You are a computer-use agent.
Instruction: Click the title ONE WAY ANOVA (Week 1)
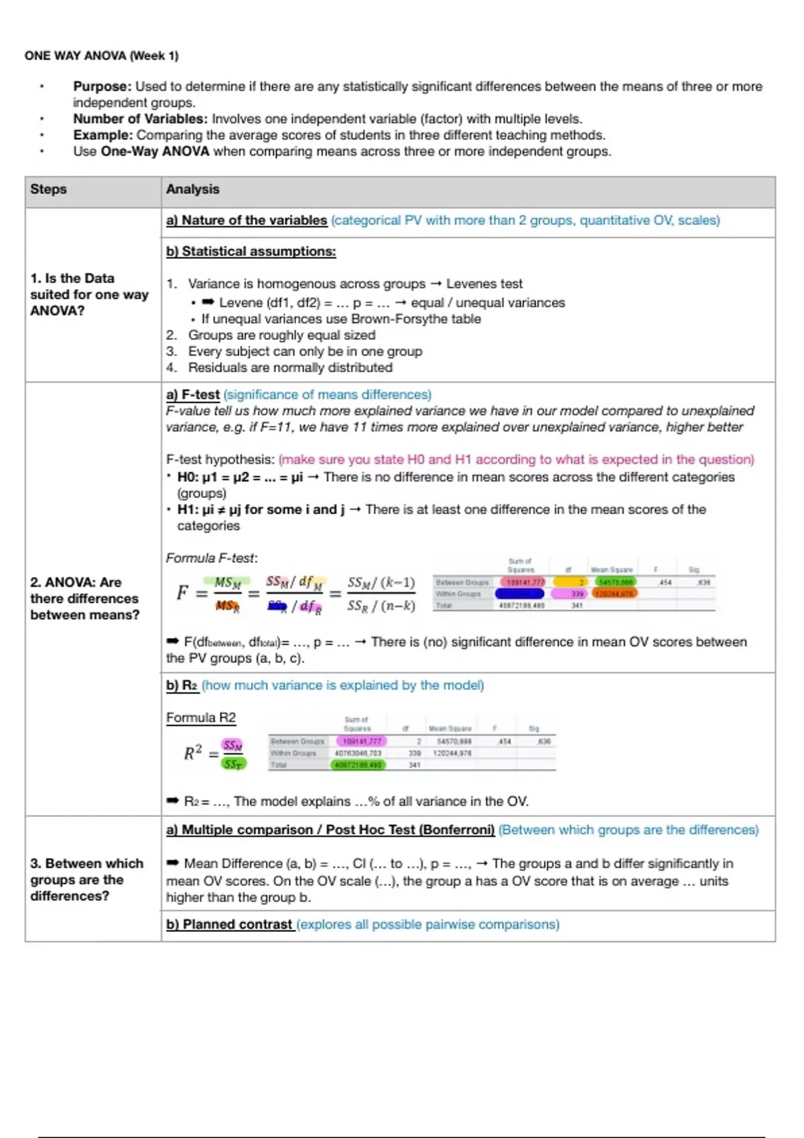[x=101, y=56]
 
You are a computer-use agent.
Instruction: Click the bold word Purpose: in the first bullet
[x=102, y=86]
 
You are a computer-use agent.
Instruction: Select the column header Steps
[x=48, y=189]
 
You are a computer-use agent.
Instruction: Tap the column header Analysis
[x=192, y=189]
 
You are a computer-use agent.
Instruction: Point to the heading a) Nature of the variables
[x=247, y=220]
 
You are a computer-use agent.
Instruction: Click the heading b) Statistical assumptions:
[x=251, y=251]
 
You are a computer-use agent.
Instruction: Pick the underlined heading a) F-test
[x=193, y=395]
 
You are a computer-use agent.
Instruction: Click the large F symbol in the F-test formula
[x=182, y=592]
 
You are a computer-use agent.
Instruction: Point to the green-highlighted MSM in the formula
[x=228, y=583]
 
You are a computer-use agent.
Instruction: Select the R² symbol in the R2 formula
[x=193, y=752]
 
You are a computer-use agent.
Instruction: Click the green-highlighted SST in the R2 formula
[x=233, y=763]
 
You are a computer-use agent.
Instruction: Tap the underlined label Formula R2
[x=201, y=718]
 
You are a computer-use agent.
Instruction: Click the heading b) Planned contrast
[x=229, y=924]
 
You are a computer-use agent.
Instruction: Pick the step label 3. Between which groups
[x=87, y=880]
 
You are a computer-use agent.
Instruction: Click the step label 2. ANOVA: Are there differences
[x=84, y=598]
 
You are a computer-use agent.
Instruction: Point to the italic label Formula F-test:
[x=212, y=558]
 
